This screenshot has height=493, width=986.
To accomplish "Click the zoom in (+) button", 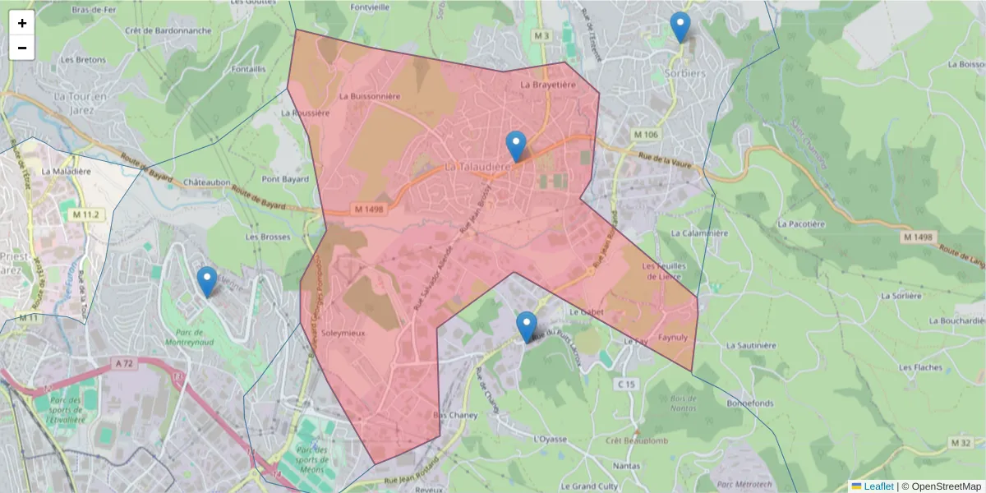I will click(22, 23).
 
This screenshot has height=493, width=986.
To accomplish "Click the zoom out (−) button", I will click(22, 48).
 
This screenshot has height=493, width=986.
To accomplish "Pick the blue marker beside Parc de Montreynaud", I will click(207, 282).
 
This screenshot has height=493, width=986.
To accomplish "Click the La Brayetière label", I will click(548, 85).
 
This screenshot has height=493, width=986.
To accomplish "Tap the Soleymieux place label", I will click(343, 334).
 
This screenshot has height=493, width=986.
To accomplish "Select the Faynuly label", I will click(672, 337).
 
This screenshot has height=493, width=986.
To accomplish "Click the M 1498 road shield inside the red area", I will click(370, 210).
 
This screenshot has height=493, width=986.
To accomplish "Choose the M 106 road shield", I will click(647, 134).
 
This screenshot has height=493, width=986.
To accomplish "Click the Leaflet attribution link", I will click(878, 486).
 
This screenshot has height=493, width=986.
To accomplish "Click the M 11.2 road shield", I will click(85, 214).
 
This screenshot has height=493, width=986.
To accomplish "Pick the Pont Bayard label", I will click(285, 179).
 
